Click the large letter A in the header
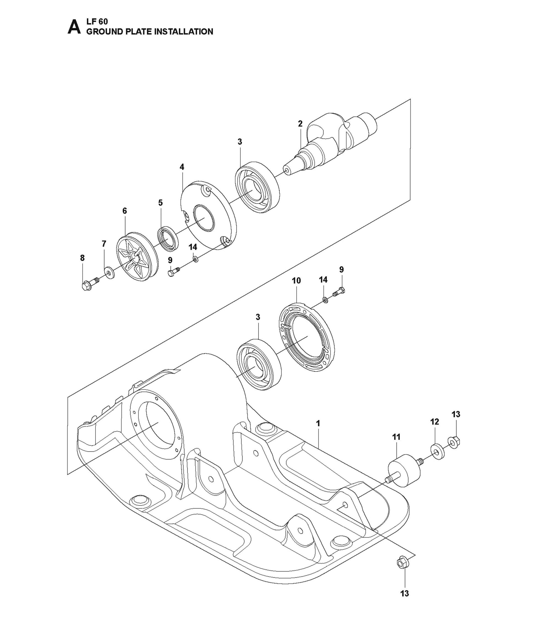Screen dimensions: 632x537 coord(74,27)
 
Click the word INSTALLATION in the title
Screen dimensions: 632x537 coord(184,32)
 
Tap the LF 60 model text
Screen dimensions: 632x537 coord(97,22)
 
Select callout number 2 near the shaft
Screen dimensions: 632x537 coord(300,124)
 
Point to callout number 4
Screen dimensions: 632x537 coord(182,167)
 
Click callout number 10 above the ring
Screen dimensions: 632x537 coord(296,281)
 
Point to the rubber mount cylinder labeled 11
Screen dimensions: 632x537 coord(404,470)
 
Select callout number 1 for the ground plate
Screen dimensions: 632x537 coord(318,423)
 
